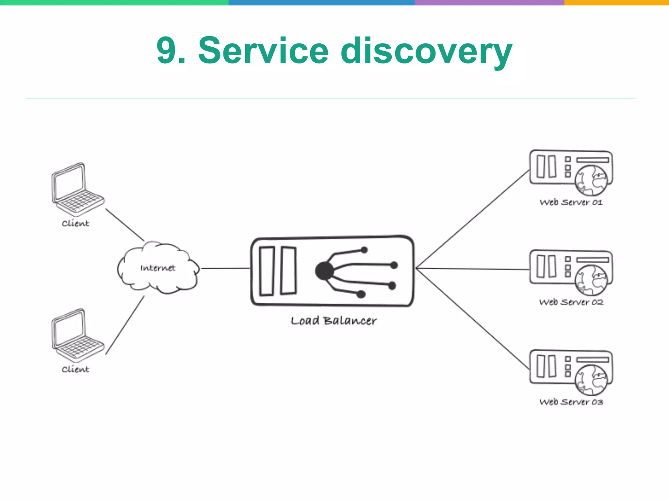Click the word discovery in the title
426,52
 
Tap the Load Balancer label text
334,321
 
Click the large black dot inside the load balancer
324,271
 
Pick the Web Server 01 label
571,202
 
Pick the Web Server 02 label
571,302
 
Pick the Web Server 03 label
571,402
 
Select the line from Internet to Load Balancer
225,268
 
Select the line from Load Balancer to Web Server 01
472,219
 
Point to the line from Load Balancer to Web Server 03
472,318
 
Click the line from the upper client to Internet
124,225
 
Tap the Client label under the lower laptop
75,369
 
